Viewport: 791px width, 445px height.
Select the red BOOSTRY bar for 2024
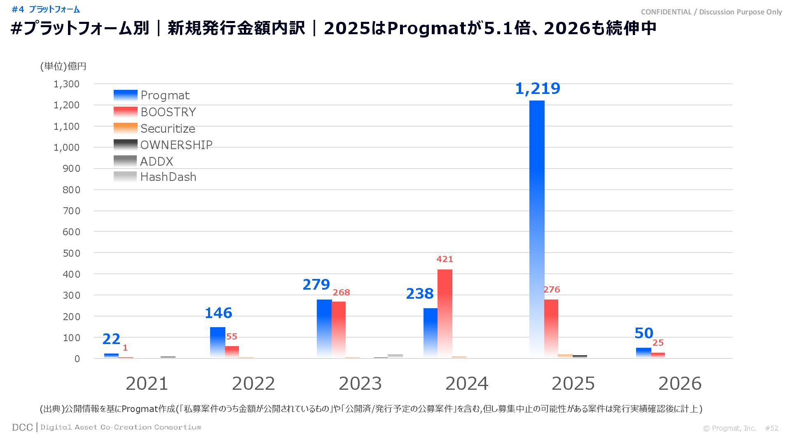(x=445, y=313)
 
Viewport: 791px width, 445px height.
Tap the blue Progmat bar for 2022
(x=218, y=342)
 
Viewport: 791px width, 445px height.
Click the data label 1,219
(x=538, y=89)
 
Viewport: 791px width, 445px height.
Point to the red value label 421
(x=445, y=259)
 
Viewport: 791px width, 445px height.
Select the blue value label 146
(x=218, y=313)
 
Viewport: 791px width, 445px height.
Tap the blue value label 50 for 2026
(x=644, y=333)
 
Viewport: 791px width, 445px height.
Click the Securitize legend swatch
(x=125, y=128)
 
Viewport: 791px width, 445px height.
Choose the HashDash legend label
(x=168, y=177)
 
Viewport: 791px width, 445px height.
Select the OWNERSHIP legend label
(x=176, y=145)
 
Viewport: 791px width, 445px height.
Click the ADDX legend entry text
(x=157, y=161)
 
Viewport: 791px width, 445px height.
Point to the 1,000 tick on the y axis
(x=66, y=147)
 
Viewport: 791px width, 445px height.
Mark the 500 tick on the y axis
(x=71, y=253)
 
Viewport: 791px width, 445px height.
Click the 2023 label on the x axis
(x=360, y=384)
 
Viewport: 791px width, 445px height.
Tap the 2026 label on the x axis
(x=680, y=384)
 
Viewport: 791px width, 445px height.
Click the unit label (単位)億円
(x=63, y=66)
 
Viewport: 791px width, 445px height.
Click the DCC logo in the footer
(x=22, y=427)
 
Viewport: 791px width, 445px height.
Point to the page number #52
(x=772, y=428)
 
